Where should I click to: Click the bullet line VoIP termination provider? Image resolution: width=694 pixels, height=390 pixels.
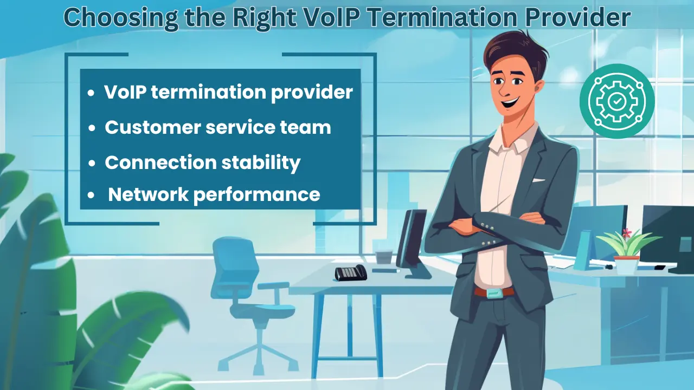coord(228,92)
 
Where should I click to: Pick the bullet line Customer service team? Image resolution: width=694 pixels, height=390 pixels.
coord(217,127)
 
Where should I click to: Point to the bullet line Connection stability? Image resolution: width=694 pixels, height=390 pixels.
coord(202,162)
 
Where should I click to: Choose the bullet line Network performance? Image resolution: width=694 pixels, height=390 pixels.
coord(214,194)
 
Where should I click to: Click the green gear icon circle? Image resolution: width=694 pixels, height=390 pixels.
coord(617,101)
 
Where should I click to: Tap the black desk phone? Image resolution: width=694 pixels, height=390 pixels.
coord(350,272)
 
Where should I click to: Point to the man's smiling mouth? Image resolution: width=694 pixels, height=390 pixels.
coord(510,101)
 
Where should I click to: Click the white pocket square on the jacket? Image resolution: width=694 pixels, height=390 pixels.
coord(538,180)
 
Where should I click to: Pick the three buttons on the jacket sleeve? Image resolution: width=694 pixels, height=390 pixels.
coord(490,226)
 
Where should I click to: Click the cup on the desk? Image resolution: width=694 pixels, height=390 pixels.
coord(384,257)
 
